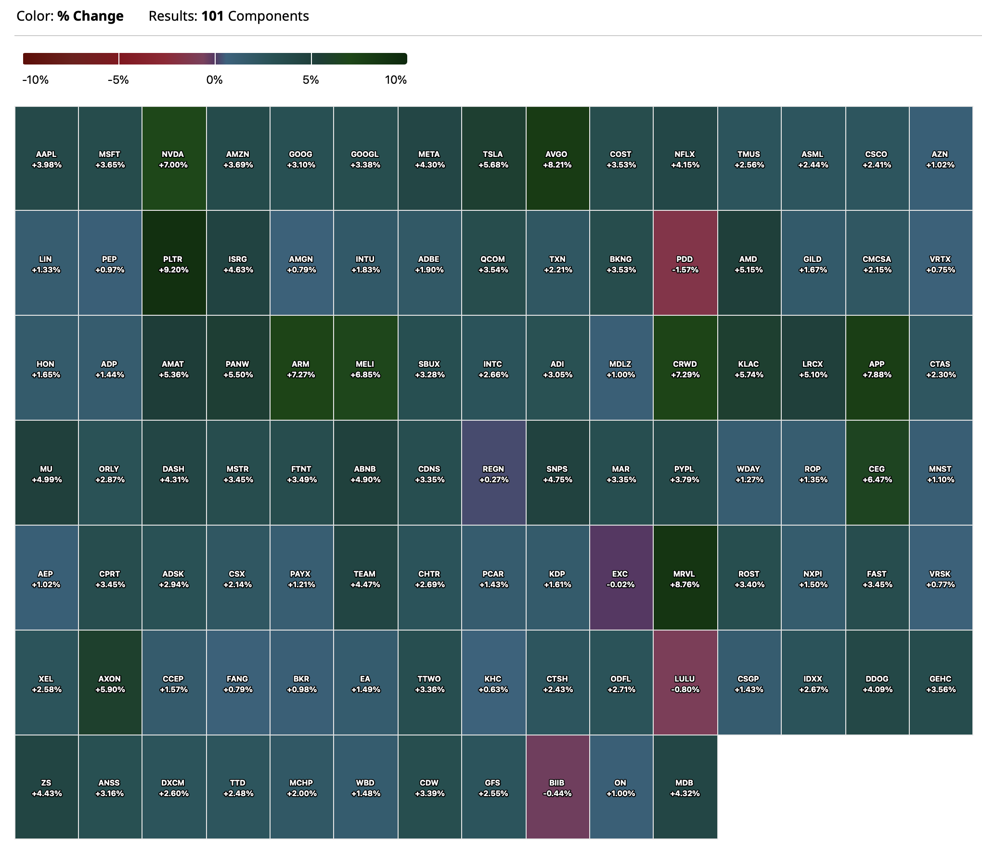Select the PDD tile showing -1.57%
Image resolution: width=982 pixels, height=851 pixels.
685,263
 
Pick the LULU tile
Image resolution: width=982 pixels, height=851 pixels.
685,683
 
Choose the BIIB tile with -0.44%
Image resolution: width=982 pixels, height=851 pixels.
557,787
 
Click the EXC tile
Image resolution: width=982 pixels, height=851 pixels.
621,578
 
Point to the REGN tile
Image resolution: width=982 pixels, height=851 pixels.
493,473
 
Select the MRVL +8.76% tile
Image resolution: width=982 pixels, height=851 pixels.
685,578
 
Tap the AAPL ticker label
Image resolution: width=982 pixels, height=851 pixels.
46,154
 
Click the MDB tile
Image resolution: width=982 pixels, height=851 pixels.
685,787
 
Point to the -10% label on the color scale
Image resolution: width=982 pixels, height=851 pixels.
36,80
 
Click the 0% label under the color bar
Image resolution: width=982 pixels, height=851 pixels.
215,80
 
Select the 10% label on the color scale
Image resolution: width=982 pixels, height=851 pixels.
396,80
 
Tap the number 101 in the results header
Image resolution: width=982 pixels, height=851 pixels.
212,16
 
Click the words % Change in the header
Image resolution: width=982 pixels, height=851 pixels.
90,16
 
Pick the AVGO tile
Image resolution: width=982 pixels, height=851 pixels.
557,159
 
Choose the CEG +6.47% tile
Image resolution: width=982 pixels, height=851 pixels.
877,473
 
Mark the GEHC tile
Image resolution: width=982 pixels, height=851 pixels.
941,683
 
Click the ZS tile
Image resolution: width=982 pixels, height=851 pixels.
46,787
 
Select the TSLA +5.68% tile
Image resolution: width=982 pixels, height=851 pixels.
493,159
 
